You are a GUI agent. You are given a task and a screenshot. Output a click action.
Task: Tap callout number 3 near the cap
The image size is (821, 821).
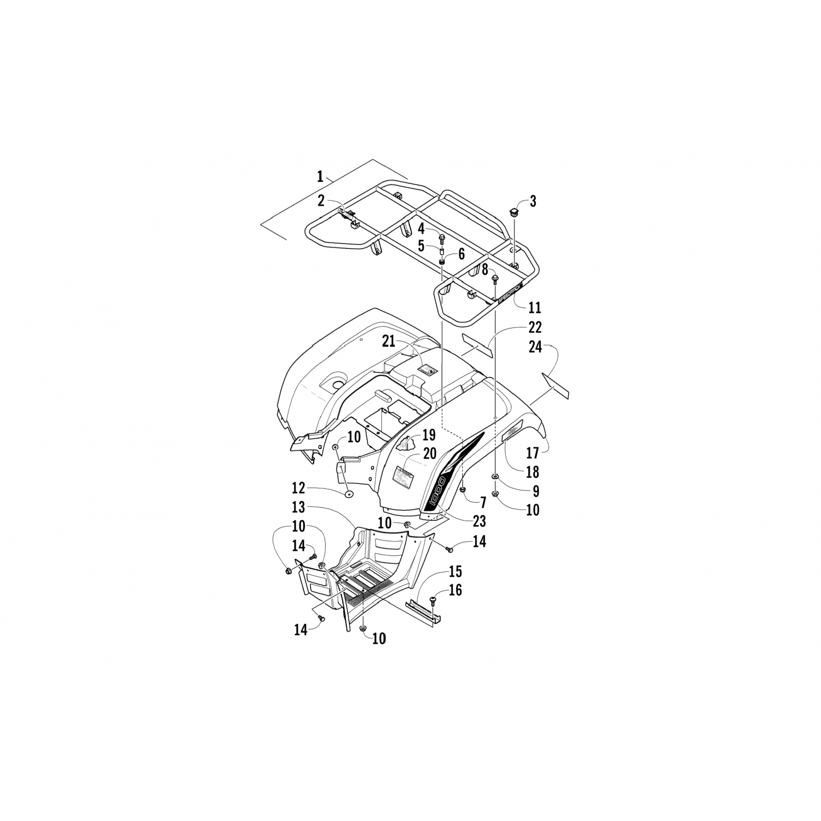(533, 201)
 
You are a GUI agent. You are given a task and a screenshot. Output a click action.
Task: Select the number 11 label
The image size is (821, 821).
(535, 308)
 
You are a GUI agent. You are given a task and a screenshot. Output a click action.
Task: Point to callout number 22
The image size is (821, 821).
(534, 327)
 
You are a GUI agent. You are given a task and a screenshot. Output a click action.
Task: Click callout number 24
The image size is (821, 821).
(536, 346)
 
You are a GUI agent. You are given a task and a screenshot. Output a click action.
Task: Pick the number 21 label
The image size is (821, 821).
(389, 341)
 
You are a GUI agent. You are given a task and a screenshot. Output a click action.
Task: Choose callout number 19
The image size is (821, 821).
(428, 435)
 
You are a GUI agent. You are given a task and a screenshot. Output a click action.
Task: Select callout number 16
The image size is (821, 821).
(455, 590)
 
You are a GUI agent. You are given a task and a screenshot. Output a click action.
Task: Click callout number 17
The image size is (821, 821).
(533, 453)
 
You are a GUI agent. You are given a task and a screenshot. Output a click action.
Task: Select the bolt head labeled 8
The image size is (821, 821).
(495, 280)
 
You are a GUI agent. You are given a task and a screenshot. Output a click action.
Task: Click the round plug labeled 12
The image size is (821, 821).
(348, 494)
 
